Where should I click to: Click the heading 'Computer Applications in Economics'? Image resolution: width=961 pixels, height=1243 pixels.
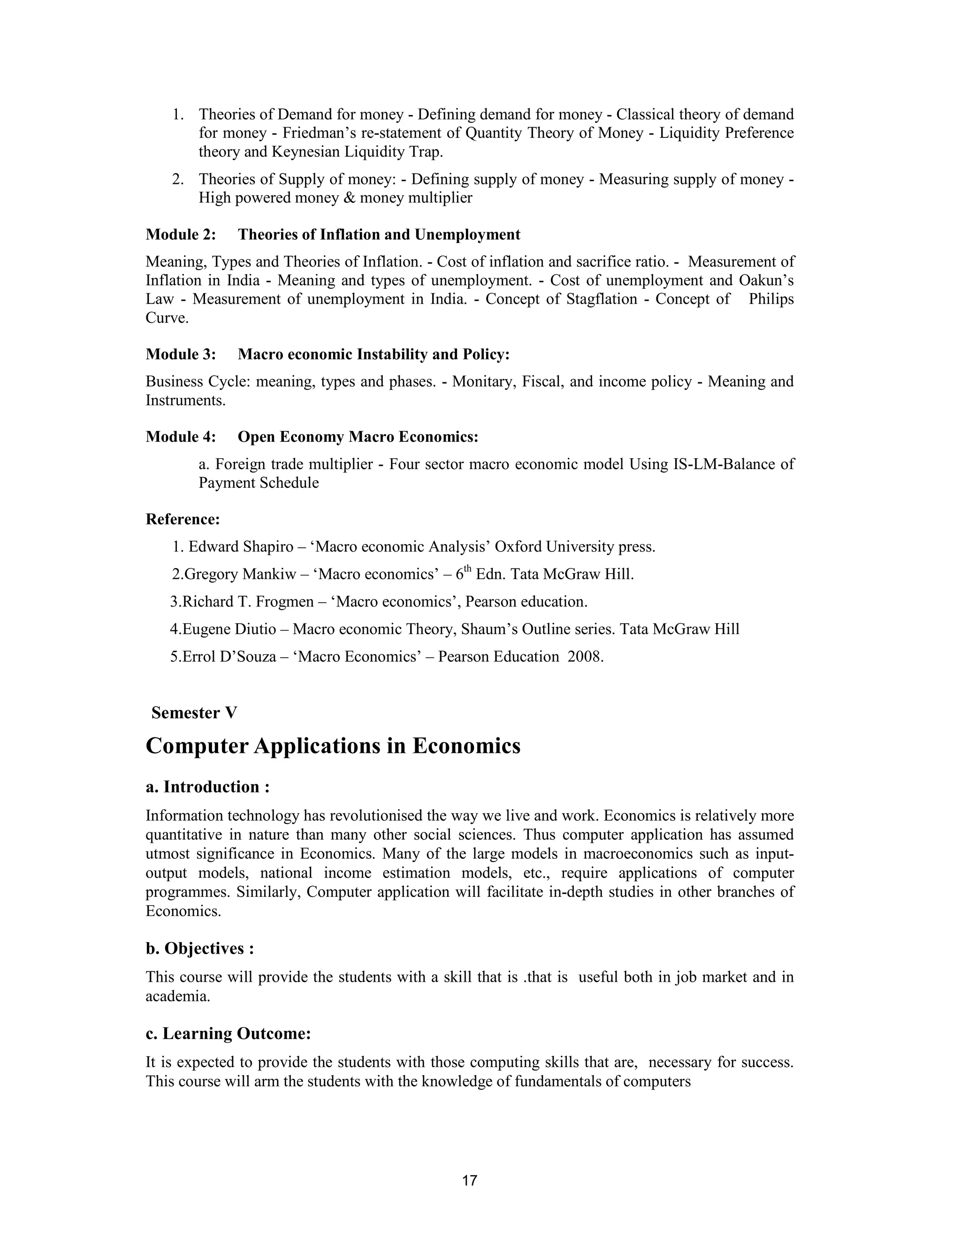click(333, 746)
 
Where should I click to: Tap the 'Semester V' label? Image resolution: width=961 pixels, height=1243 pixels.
click(194, 712)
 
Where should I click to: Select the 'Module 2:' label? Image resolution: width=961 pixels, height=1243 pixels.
click(181, 235)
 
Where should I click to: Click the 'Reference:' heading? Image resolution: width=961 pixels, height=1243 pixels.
click(183, 519)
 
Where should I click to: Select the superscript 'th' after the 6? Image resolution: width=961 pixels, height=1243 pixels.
click(468, 568)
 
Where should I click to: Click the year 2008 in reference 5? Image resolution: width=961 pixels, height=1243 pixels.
click(585, 657)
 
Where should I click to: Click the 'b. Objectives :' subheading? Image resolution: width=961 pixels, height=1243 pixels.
click(199, 949)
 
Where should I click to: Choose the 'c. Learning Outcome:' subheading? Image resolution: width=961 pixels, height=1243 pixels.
click(229, 1033)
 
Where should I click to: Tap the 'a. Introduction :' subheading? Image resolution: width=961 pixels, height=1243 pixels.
click(207, 787)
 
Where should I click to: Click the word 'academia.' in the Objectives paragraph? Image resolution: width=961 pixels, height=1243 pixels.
click(178, 997)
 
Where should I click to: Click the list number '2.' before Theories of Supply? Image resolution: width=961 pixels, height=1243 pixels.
click(178, 179)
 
